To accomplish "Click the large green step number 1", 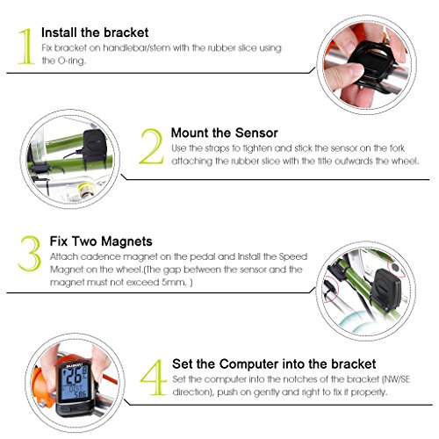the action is [x=25, y=46].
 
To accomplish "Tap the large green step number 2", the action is [x=152, y=147].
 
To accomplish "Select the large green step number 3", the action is [x=29, y=254].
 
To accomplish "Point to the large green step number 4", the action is [x=154, y=377].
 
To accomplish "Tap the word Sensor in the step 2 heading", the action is [x=256, y=133].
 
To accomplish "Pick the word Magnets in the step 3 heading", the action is [x=126, y=241].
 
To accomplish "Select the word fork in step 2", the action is [x=397, y=148].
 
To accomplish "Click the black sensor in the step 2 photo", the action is [x=93, y=146].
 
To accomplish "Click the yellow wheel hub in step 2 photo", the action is [x=86, y=189].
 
